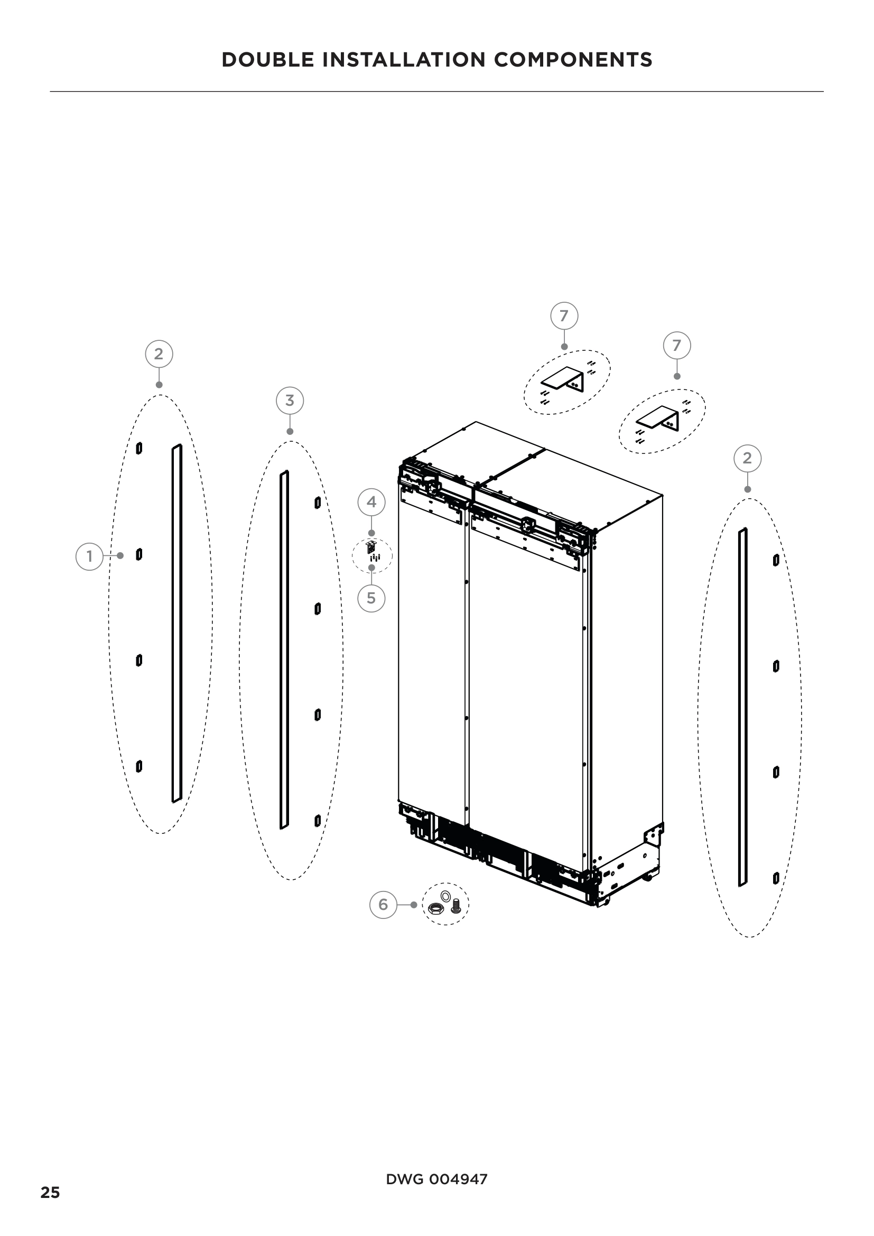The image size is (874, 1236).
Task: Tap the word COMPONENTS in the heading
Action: click(x=573, y=60)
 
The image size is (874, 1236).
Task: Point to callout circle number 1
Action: click(x=89, y=556)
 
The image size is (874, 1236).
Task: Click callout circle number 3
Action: click(x=290, y=401)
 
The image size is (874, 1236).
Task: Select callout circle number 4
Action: click(x=371, y=502)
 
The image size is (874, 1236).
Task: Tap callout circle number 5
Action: click(x=371, y=599)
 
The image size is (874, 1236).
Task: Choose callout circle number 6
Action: click(x=383, y=904)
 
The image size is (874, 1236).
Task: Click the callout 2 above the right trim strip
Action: click(x=747, y=459)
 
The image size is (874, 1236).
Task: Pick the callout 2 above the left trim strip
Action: click(x=159, y=354)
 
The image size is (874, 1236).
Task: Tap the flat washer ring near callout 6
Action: click(x=445, y=896)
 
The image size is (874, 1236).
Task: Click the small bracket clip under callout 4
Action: click(x=370, y=547)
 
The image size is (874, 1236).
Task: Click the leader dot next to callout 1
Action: click(x=120, y=555)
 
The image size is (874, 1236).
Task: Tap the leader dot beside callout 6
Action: click(x=413, y=905)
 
